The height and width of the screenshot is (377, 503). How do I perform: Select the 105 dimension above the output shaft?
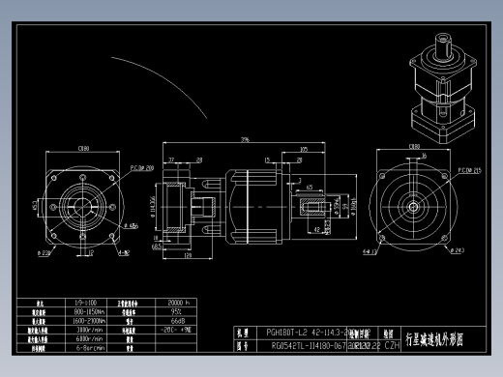tap(305, 150)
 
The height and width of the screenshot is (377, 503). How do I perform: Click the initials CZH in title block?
tap(393, 343)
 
